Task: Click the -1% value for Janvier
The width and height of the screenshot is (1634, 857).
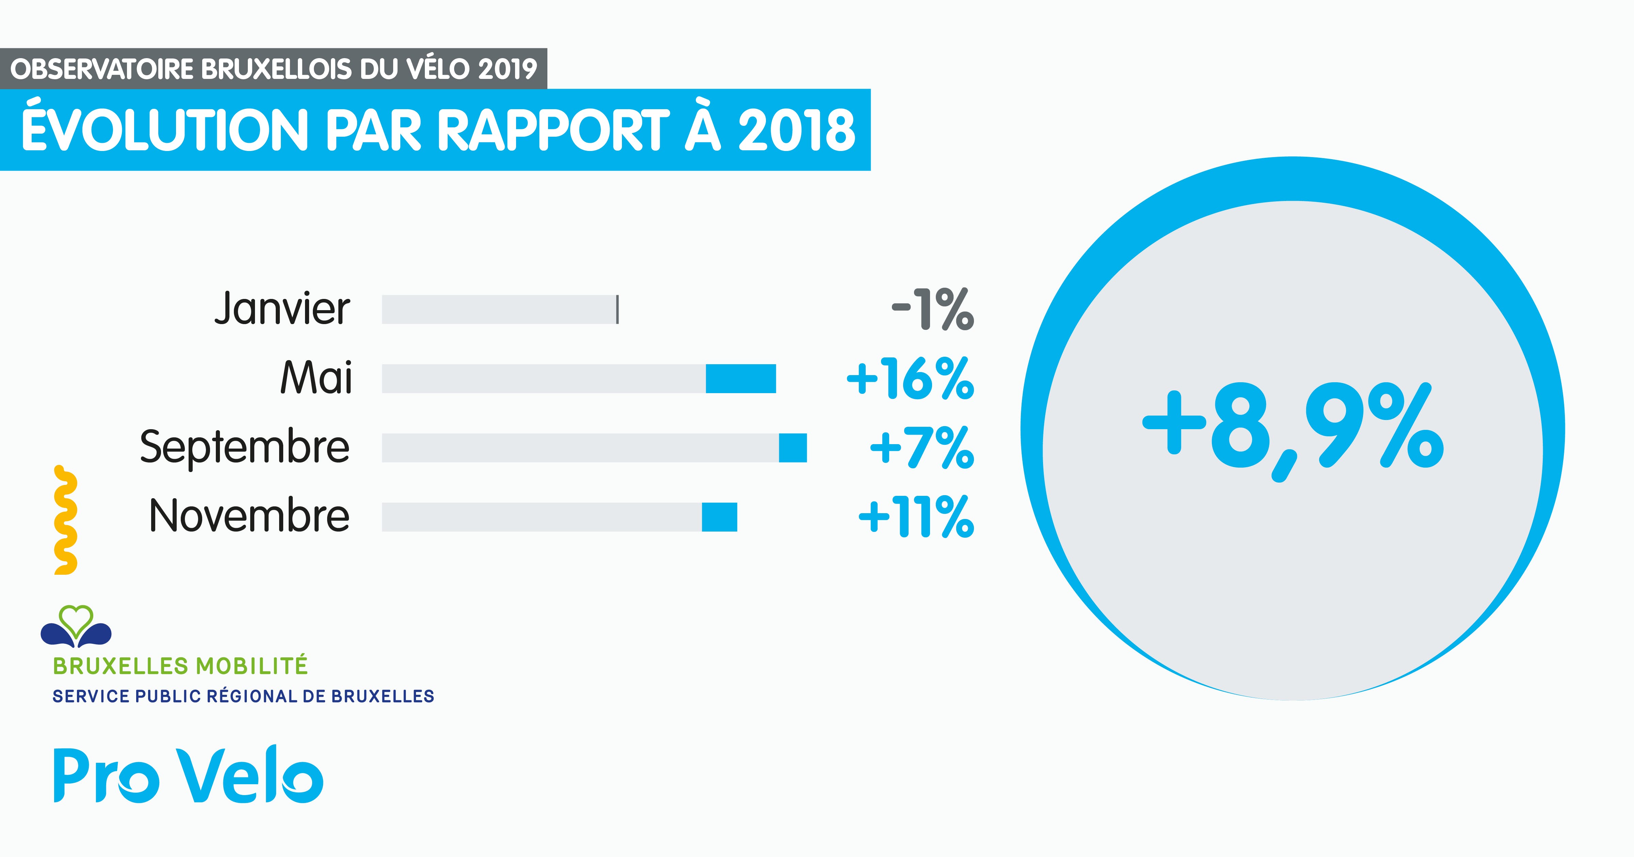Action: point(932,309)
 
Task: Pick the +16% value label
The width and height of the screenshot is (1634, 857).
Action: point(910,379)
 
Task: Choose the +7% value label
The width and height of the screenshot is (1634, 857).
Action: point(922,448)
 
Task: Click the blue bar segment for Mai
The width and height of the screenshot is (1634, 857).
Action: point(741,379)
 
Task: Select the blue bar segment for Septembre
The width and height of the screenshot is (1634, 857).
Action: point(793,448)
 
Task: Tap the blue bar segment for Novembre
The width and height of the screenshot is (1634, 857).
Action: point(719,517)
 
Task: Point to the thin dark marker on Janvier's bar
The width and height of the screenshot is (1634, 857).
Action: point(617,309)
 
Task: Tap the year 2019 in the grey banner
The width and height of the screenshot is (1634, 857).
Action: point(508,68)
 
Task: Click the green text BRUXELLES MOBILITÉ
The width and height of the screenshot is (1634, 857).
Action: point(180,666)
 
